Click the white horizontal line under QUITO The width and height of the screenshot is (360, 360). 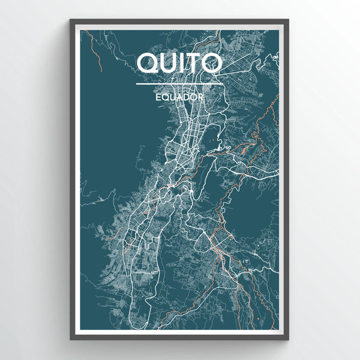tap(180, 83)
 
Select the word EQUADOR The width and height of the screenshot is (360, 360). tap(180, 95)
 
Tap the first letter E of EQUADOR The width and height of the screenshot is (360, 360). tap(157, 95)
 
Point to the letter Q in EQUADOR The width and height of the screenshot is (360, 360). tap(164, 95)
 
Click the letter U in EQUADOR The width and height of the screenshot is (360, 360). tap(171, 95)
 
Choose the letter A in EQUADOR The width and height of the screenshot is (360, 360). tap(178, 95)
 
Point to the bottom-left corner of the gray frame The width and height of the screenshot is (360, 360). tap(71, 339)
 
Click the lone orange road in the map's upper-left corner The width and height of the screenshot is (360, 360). tap(95, 51)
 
